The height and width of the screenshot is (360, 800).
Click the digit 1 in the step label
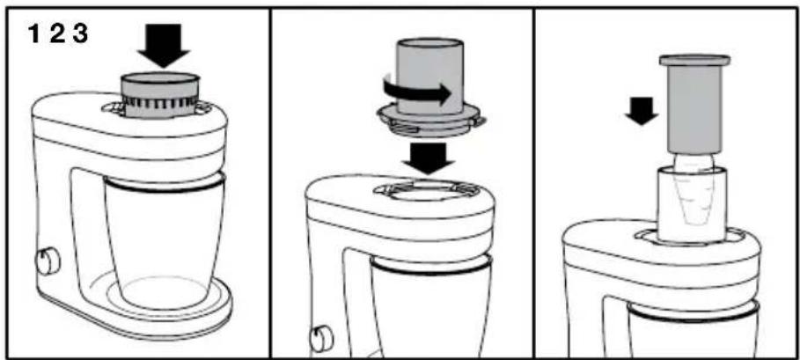33,34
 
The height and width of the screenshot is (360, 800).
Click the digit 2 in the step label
56,34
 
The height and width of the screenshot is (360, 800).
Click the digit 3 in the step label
79,34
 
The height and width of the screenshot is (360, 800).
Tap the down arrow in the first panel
164,46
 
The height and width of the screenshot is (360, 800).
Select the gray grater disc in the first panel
159,95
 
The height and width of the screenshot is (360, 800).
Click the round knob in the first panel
48,261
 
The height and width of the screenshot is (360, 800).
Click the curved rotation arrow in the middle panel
417,93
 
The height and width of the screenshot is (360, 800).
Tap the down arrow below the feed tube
428,158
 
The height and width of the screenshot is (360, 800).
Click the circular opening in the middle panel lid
427,192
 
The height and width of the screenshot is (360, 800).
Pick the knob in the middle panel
321,338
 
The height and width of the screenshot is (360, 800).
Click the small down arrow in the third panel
642,111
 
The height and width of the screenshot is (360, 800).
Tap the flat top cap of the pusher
694,60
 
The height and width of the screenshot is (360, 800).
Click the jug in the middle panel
431,306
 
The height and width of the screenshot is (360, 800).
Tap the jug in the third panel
693,332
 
